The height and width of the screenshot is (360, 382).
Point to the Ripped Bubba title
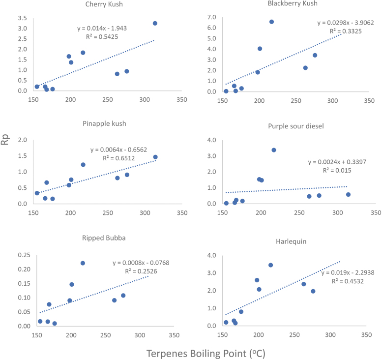(x=105, y=238)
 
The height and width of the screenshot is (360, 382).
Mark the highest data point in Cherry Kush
(x=155, y=23)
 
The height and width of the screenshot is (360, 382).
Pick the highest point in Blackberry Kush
(x=271, y=22)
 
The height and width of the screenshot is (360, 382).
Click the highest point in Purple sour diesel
(x=274, y=150)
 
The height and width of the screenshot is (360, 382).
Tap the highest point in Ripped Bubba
(x=83, y=263)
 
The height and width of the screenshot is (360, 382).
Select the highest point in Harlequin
(x=270, y=265)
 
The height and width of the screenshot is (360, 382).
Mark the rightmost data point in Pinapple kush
(x=155, y=157)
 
